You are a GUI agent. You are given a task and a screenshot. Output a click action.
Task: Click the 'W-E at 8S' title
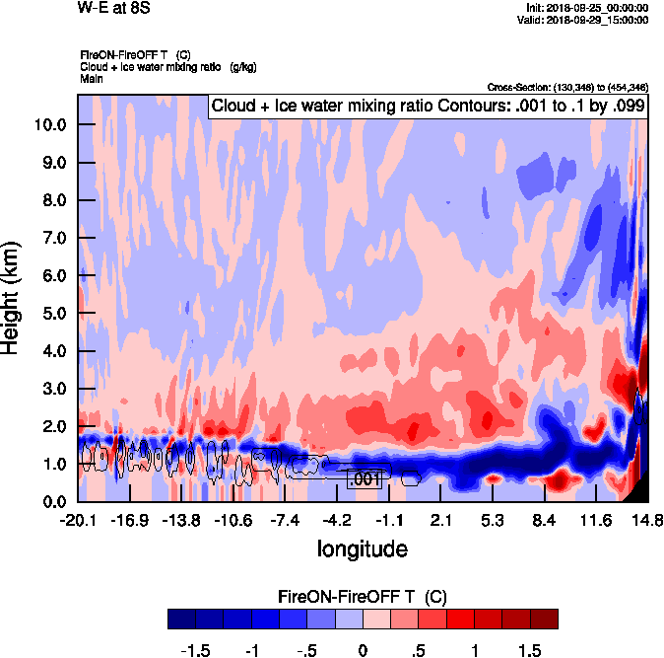[x=113, y=9]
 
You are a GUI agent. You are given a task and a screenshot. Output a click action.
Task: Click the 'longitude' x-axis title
[x=362, y=548]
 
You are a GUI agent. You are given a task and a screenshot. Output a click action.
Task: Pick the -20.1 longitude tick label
[x=77, y=520]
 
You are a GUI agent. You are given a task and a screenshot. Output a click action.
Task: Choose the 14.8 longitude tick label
[x=646, y=520]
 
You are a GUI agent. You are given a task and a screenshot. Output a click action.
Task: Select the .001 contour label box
[x=365, y=479]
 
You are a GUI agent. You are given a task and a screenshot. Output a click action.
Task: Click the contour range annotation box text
[x=427, y=107]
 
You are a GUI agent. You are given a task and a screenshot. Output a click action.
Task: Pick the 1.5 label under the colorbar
[x=530, y=651]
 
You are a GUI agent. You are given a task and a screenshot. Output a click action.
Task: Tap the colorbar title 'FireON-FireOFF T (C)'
[x=362, y=598]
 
